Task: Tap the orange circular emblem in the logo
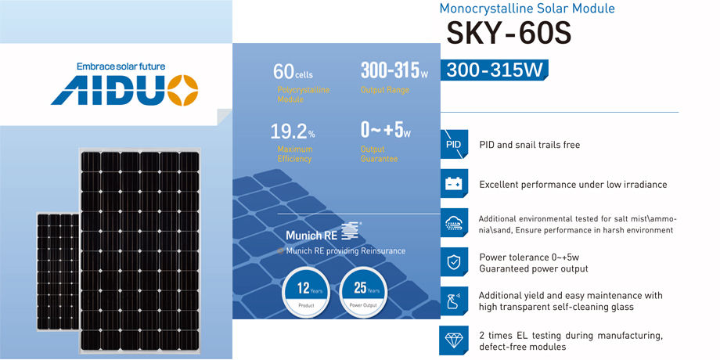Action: [x=182, y=90]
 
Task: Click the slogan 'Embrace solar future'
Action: [x=121, y=67]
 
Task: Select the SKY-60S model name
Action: [x=509, y=33]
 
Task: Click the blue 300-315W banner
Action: [x=494, y=70]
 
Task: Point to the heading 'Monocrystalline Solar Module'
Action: [x=527, y=9]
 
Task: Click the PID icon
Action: [x=454, y=145]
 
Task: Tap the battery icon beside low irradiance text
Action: [x=454, y=184]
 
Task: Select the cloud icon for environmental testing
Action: [x=454, y=223]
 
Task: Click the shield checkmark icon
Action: [x=454, y=262]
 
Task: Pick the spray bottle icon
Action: [x=454, y=301]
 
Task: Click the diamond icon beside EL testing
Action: [x=454, y=340]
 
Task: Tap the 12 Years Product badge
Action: [x=307, y=291]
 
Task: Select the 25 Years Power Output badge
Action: [x=364, y=291]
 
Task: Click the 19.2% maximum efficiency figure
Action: [x=293, y=131]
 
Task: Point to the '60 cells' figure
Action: [x=293, y=72]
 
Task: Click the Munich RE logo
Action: [x=322, y=232]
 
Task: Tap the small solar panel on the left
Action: [x=57, y=272]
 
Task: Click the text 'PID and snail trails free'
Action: [x=530, y=145]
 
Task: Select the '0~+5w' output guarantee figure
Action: [x=386, y=131]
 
